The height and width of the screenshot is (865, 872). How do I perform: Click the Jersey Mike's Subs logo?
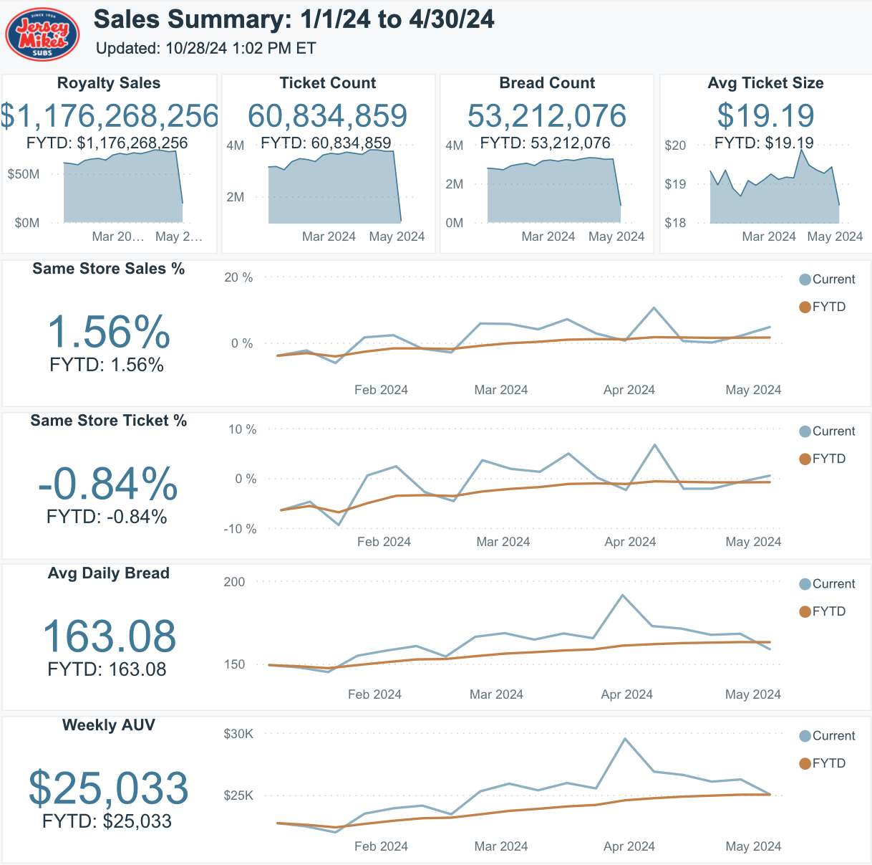pos(42,34)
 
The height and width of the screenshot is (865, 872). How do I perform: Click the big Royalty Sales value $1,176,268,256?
pos(109,115)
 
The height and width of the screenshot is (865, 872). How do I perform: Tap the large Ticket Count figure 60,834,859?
pos(328,115)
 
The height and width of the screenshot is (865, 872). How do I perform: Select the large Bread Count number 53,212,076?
pos(547,115)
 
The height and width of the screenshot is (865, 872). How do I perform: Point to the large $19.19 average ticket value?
pos(765,115)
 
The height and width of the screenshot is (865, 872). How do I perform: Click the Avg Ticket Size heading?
pos(765,83)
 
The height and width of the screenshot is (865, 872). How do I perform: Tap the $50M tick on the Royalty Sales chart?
pos(24,174)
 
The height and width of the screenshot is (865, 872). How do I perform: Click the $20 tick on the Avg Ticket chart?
pos(675,145)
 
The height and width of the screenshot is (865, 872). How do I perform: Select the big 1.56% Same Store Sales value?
pos(109,332)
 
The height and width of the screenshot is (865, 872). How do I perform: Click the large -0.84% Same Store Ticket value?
pos(108,484)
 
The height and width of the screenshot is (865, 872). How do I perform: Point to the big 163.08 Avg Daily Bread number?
pos(109,636)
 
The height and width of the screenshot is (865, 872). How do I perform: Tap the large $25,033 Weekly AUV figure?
pos(109,788)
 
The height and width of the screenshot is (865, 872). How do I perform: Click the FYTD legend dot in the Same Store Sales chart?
pos(805,307)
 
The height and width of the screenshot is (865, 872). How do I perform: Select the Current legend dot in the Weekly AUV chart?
pos(805,736)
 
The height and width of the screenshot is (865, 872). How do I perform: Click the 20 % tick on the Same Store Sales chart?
pos(238,277)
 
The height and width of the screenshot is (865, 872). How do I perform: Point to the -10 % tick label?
pos(240,529)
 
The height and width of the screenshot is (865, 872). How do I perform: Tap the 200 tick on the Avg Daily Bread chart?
pos(234,582)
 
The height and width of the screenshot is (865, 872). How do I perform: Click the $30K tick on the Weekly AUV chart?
pos(238,734)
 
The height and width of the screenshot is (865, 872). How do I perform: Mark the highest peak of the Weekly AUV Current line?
pos(625,739)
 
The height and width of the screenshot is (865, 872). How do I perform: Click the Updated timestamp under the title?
pos(206,48)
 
